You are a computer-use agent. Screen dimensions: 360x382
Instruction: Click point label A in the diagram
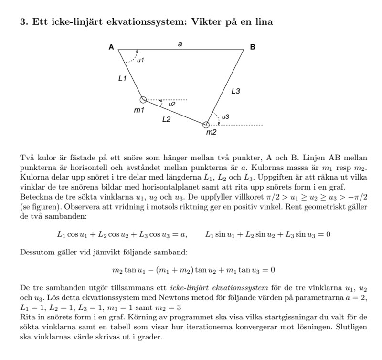(x=111, y=47)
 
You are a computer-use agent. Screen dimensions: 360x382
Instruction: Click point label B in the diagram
(x=253, y=47)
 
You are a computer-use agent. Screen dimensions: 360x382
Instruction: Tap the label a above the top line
(x=180, y=44)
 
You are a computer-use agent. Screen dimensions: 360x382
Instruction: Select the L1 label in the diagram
(x=123, y=78)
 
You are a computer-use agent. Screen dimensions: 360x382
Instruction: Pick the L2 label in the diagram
(x=166, y=119)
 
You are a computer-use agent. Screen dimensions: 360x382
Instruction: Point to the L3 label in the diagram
(x=235, y=91)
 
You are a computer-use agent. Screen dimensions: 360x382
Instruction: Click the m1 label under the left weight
(x=138, y=110)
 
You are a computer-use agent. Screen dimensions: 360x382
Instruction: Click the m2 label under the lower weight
(x=211, y=132)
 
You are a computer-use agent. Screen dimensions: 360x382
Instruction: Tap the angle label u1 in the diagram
(x=140, y=60)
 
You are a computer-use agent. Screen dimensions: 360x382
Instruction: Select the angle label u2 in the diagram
(x=172, y=104)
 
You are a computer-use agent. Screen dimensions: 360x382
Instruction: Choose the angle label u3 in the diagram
(x=225, y=116)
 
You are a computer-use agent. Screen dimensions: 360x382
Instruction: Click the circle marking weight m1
(x=143, y=100)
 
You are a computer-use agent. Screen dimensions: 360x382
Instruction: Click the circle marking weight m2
(x=206, y=125)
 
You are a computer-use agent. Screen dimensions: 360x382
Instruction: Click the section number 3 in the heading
(x=23, y=22)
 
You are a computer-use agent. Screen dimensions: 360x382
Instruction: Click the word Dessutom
(x=37, y=252)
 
